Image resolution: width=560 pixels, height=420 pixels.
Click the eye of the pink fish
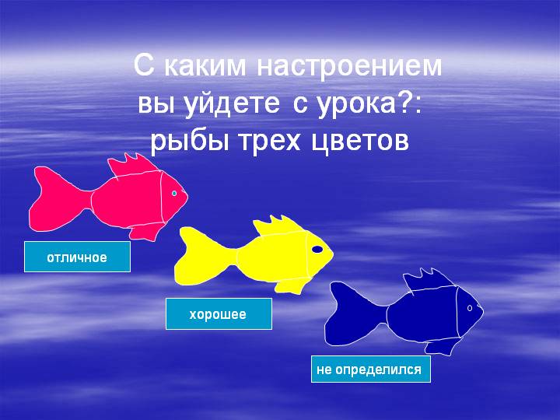coord(174,193)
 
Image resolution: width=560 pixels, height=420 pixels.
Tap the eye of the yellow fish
coord(317,250)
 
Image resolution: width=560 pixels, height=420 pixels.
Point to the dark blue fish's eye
coord(470,308)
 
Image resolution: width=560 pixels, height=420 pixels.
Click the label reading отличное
coord(77,257)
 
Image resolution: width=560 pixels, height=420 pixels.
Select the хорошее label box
coord(219,314)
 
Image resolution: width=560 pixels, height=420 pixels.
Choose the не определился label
coord(371,369)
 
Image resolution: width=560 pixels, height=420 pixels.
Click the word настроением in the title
coord(349,66)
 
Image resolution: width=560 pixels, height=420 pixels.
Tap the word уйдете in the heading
coord(232,103)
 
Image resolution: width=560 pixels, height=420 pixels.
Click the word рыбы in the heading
coord(189,142)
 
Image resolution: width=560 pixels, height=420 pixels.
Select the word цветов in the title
coord(360,142)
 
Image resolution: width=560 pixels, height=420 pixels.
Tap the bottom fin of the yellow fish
coord(291,285)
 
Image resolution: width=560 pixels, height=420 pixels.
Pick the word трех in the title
coord(270,142)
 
